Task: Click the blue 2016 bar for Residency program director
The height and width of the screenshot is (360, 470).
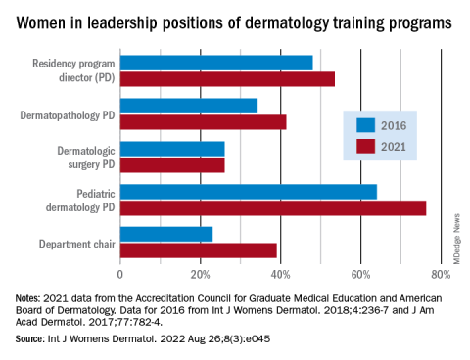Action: [216, 63]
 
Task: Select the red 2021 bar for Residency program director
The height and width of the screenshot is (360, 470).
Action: [227, 79]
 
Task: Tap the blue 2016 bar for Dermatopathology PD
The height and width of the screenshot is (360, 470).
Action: [188, 106]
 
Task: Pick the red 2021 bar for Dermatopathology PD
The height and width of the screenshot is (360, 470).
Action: [204, 122]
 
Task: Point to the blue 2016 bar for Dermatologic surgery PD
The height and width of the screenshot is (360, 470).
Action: [172, 149]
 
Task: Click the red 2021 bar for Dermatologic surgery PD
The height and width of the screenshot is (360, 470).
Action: [172, 165]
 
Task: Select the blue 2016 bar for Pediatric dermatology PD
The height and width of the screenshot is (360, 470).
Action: [249, 192]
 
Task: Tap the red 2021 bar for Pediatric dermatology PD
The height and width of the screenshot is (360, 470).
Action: [273, 208]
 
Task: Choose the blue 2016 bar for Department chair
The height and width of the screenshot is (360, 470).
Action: [166, 235]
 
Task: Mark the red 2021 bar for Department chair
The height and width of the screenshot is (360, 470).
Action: [199, 250]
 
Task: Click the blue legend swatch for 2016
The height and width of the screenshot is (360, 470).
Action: [365, 125]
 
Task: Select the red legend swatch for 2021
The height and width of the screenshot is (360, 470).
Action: [365, 147]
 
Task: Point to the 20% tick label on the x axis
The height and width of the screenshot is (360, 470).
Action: [200, 275]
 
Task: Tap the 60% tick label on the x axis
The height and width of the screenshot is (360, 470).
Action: [360, 275]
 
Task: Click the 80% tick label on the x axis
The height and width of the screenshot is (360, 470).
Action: [441, 275]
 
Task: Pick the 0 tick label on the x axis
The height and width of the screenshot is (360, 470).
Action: [120, 275]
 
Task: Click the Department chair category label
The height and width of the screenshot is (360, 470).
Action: [77, 244]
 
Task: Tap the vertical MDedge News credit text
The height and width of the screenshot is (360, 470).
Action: [456, 239]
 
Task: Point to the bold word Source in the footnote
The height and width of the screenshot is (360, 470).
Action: [29, 338]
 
